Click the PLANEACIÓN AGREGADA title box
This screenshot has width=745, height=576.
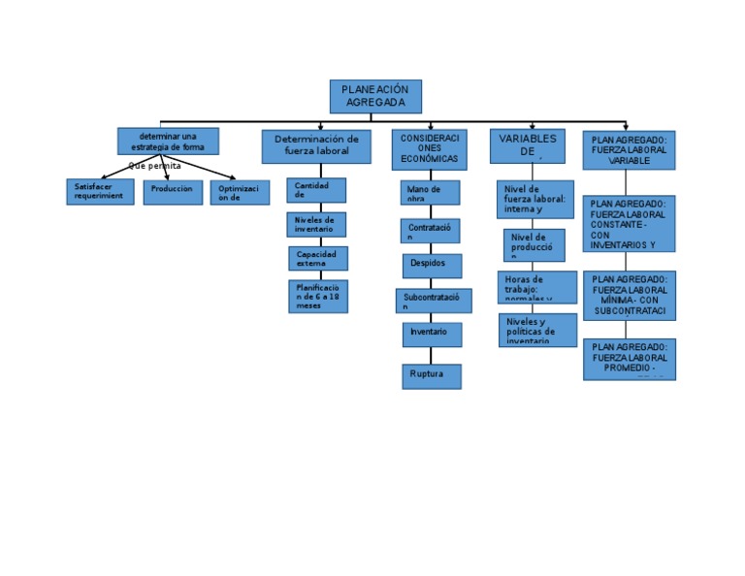375,96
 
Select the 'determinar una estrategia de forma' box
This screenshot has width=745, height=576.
168,141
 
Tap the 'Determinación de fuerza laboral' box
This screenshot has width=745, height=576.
316,146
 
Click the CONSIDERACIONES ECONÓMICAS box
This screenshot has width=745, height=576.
429,147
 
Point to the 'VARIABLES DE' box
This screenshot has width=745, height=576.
527,145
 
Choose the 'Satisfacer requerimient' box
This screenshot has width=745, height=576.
100,191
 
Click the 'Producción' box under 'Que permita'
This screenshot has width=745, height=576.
173,191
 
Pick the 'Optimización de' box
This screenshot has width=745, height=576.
240,192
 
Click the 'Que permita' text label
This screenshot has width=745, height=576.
155,166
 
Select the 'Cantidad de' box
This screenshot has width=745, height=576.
316,190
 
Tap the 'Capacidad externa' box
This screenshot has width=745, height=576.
317,258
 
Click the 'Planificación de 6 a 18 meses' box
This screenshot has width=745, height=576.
317,296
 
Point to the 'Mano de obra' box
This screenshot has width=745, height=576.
430,192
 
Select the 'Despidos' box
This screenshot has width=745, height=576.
432,265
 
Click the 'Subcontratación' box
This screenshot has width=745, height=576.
434,301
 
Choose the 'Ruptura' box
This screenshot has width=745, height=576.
431,375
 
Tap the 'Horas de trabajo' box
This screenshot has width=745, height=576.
533,286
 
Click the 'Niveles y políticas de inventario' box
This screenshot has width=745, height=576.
537,330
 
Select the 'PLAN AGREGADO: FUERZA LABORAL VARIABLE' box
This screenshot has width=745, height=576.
629,150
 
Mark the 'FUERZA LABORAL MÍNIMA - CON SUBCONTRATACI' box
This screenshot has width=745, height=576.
629,295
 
